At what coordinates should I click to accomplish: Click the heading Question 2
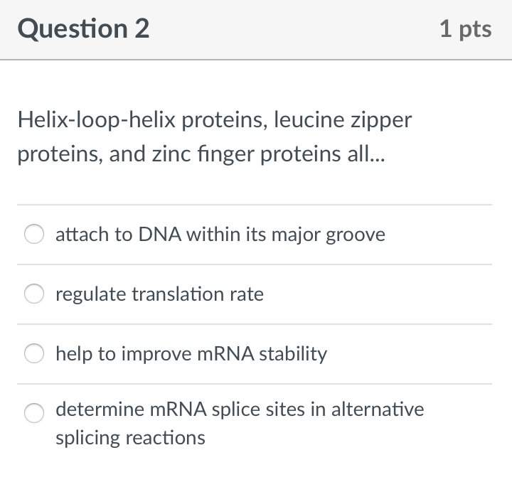pos(84,29)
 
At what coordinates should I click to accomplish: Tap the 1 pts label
pos(465,29)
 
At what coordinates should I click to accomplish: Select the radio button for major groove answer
pos(34,235)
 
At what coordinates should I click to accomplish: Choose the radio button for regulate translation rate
pos(34,294)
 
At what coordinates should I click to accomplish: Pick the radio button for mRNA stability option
pos(34,354)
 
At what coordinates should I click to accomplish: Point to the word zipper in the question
pos(381,120)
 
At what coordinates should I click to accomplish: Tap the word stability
pos(293,354)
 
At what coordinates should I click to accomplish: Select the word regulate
pos(90,294)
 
